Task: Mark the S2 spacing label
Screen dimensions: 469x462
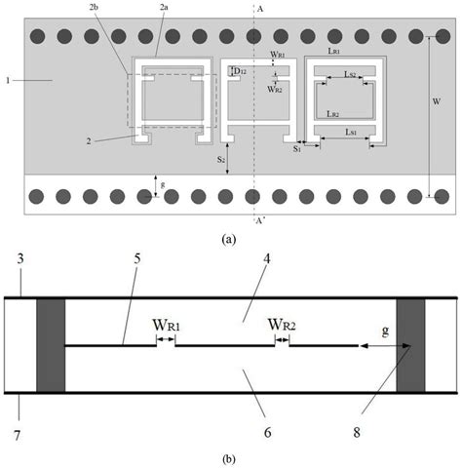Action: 221,157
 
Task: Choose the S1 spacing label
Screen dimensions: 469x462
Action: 298,150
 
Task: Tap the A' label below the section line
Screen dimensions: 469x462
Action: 257,220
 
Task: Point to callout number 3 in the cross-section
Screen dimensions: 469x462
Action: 19,256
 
